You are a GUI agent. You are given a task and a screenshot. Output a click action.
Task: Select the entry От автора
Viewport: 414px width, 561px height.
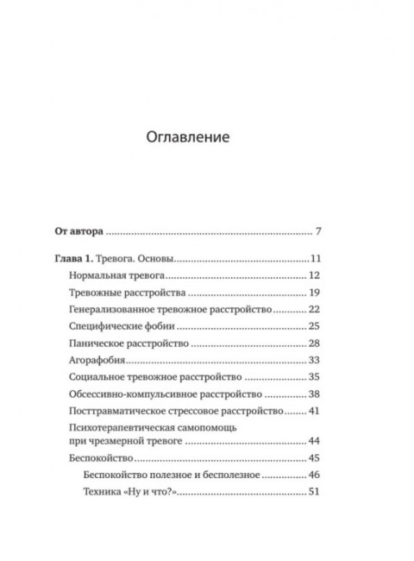pos(79,231)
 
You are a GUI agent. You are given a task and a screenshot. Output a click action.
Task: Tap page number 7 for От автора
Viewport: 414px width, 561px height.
pos(317,231)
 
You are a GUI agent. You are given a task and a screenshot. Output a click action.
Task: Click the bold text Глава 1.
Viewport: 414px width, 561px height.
pos(78,260)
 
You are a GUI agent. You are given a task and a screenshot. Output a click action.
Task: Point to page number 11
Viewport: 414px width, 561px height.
pos(315,260)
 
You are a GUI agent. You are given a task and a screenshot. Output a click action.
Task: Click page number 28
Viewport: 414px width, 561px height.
pos(314,344)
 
